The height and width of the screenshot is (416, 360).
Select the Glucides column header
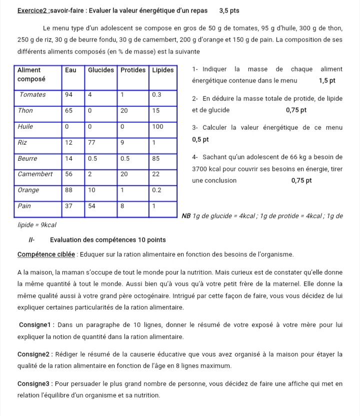point(101,70)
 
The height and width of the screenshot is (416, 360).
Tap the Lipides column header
point(163,70)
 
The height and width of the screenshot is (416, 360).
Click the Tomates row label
point(32,95)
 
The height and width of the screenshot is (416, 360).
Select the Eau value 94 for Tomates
point(69,95)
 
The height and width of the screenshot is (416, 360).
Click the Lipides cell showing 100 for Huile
point(157,127)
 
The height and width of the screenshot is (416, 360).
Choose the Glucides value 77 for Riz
point(92,142)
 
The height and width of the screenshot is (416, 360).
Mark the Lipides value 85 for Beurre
point(155,158)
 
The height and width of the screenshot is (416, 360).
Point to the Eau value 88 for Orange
point(69,190)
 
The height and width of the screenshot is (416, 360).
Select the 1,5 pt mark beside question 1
point(326,80)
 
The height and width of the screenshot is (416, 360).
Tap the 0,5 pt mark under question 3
point(200,139)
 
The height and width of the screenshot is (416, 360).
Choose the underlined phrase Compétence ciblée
point(44,255)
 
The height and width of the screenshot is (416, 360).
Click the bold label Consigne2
point(34,355)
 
